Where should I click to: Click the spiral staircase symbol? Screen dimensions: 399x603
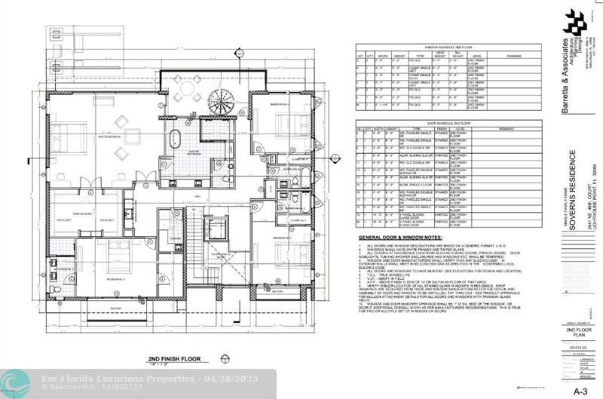pyautogui.click(x=221, y=100)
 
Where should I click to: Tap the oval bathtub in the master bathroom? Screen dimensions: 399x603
pyautogui.click(x=175, y=140)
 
